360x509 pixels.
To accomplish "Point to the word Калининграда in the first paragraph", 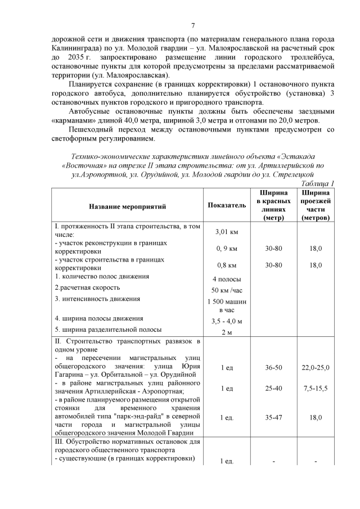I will pos(74,49).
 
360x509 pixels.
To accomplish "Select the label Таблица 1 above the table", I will pos(318,183).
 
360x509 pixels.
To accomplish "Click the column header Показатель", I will pos(227,206).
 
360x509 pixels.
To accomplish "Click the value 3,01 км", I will pos(227,232).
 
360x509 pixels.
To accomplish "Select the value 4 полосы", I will pos(227,279).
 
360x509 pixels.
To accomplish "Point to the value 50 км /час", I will pos(227,290).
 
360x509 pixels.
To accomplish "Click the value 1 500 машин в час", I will pos(227,305).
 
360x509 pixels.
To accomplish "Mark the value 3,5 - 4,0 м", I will pos(227,321).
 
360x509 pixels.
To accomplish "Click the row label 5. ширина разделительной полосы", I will pos(108,330).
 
